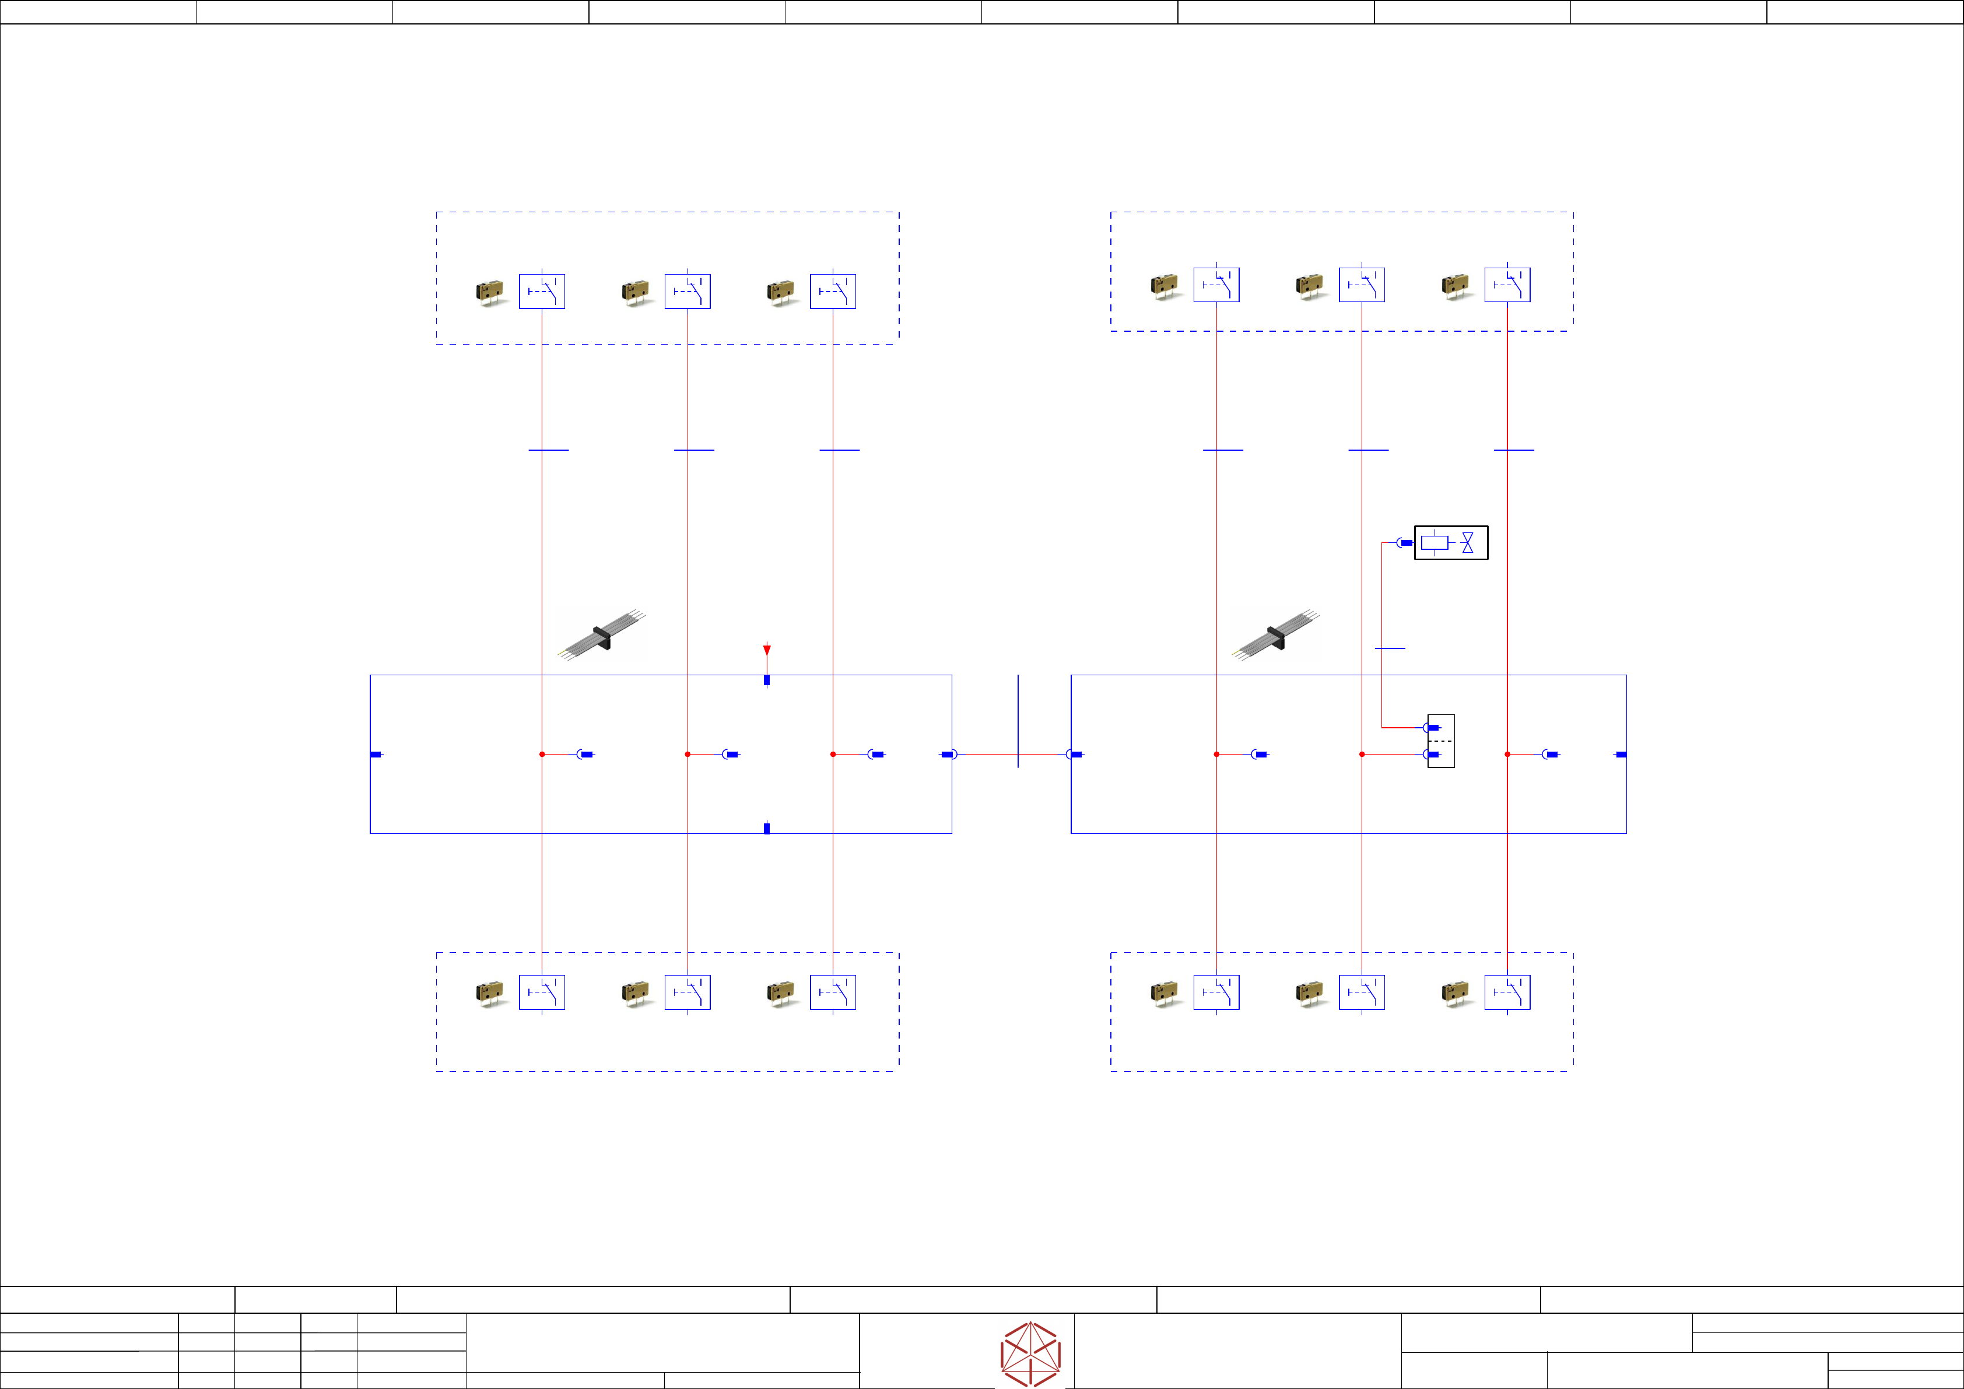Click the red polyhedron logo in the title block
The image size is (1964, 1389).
click(1031, 1354)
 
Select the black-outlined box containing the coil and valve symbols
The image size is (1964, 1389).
click(1451, 542)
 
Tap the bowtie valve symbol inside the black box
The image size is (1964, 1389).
click(1468, 542)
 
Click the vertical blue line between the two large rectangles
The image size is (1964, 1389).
click(1018, 720)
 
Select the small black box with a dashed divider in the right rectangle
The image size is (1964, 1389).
click(1442, 741)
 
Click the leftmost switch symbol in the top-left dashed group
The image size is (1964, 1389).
click(542, 292)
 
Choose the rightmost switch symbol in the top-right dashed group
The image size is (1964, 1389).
click(1507, 285)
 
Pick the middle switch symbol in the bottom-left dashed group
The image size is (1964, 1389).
click(688, 992)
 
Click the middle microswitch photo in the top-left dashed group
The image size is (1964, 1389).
click(636, 292)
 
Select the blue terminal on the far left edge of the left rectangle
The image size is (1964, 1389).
click(376, 755)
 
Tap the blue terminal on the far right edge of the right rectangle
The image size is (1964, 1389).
click(1621, 755)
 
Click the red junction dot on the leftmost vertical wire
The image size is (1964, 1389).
click(542, 755)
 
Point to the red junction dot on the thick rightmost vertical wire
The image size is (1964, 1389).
click(1507, 755)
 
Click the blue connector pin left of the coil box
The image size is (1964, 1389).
click(1407, 542)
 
